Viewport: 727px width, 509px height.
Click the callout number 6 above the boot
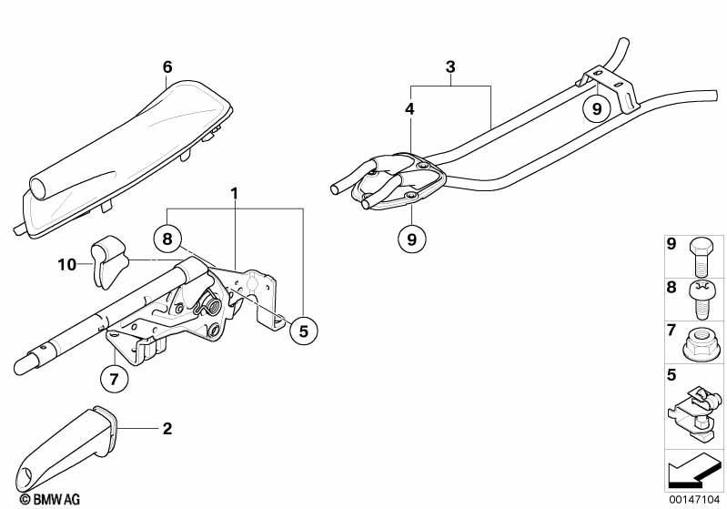[x=167, y=67]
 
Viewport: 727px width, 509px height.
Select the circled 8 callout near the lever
[x=167, y=239]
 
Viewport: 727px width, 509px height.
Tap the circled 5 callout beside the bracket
[x=303, y=331]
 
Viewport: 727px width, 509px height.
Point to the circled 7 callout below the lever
[x=114, y=379]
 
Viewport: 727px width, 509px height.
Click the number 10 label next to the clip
[x=66, y=264]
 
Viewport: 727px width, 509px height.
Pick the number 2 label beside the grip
[x=167, y=428]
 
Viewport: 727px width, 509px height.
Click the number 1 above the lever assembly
[x=235, y=193]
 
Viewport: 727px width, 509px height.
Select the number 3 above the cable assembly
[x=450, y=66]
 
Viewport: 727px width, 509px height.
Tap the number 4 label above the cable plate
[x=409, y=109]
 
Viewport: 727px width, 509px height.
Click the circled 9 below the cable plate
[x=411, y=239]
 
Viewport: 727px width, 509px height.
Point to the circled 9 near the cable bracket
[x=597, y=108]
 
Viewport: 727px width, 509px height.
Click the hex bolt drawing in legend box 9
[x=701, y=257]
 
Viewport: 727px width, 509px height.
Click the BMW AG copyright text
[x=50, y=499]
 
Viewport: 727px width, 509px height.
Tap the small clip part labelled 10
[x=109, y=261]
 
